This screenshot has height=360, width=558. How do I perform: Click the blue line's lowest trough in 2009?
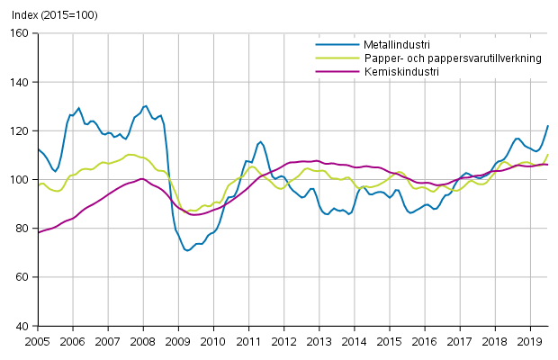(187, 250)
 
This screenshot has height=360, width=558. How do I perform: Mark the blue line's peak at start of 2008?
(145, 106)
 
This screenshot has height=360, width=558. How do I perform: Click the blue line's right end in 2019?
(548, 126)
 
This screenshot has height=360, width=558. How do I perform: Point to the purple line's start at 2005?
(38, 233)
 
